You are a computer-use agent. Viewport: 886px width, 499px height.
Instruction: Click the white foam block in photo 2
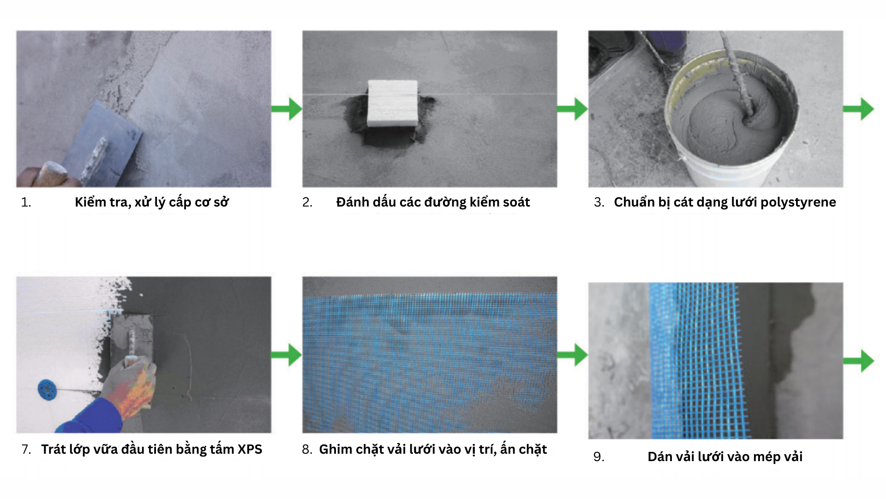click(393, 103)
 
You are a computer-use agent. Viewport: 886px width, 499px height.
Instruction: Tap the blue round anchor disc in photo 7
click(47, 389)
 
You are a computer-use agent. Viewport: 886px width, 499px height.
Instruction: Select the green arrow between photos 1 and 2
click(287, 109)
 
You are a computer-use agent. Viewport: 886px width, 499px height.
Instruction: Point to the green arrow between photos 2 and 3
click(573, 109)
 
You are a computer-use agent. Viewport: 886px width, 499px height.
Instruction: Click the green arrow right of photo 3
click(859, 109)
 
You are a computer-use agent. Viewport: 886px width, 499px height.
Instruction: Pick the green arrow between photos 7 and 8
click(287, 355)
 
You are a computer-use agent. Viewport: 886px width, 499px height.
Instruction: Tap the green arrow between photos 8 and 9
click(573, 355)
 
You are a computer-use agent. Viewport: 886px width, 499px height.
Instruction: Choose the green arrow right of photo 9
click(859, 361)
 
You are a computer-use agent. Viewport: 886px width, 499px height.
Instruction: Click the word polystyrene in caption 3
click(798, 202)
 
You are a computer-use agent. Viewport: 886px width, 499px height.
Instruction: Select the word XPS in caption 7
click(250, 449)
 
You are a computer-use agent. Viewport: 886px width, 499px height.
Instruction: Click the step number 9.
click(599, 457)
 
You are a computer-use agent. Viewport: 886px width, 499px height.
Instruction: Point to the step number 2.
click(307, 202)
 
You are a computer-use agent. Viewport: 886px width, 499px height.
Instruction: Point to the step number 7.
click(26, 450)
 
